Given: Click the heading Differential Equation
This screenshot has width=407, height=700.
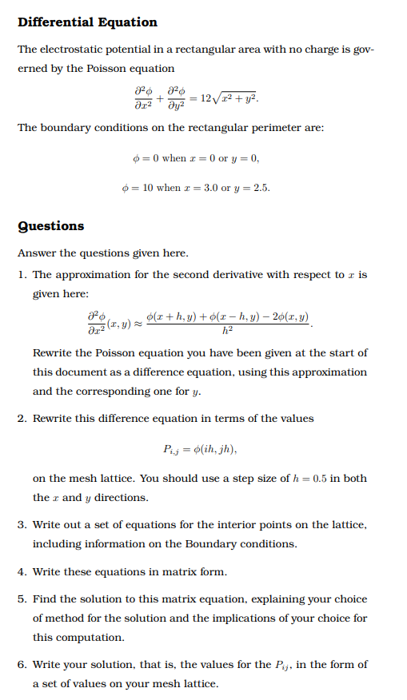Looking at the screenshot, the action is tap(87, 22).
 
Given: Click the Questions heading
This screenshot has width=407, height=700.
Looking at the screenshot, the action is tap(50, 225).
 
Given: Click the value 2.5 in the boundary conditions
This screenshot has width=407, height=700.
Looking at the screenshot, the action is tap(261, 189).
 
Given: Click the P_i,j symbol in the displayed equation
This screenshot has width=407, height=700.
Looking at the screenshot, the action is tap(173, 448).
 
